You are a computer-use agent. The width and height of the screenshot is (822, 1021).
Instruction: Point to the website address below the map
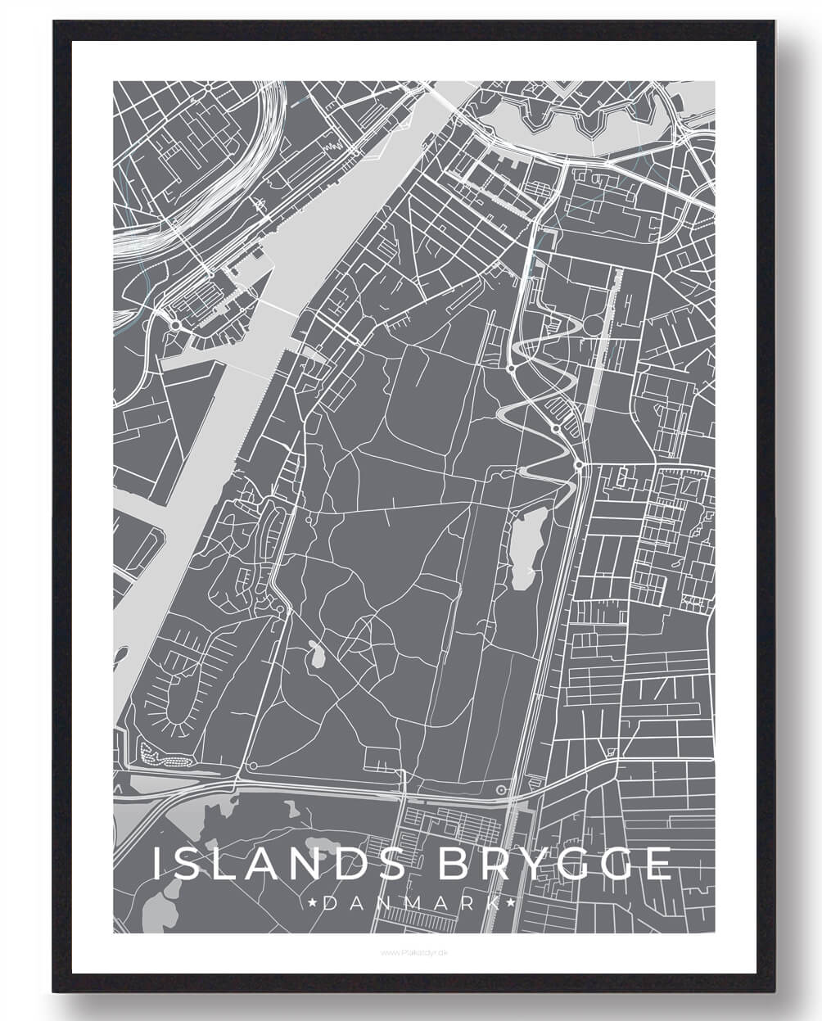412,952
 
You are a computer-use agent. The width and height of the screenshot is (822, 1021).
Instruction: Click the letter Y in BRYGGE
538,865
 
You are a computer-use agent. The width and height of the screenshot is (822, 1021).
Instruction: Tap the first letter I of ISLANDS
158,865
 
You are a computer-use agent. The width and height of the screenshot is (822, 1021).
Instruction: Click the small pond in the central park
315,654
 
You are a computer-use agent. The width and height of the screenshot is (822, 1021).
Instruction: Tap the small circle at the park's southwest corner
253,766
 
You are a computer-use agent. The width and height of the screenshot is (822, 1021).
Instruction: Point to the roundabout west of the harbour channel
175,325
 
